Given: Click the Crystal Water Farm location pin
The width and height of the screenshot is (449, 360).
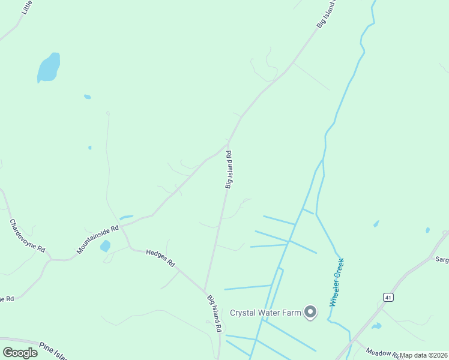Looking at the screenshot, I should (x=310, y=312).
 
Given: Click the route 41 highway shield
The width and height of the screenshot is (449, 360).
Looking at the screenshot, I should (x=389, y=297).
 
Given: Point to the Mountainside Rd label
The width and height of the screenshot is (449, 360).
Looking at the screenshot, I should (x=98, y=238).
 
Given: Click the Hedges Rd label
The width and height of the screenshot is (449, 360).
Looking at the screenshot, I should (x=160, y=258).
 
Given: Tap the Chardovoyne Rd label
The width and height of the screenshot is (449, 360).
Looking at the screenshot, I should (x=27, y=235).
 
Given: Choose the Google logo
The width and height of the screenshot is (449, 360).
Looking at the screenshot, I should (x=20, y=352).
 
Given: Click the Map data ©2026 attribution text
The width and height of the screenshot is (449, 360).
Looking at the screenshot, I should (x=424, y=355).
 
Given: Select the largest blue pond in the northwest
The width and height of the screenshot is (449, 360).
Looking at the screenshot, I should (x=49, y=67).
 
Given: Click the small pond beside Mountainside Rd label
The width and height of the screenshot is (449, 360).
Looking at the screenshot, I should (x=106, y=246).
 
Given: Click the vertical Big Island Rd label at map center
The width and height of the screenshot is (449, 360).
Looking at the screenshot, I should (x=229, y=170).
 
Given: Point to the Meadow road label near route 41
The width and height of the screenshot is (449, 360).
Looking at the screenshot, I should (x=382, y=353).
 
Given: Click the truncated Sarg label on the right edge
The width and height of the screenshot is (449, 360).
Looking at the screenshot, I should (x=442, y=260).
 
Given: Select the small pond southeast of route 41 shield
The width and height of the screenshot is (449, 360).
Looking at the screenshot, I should (x=376, y=326).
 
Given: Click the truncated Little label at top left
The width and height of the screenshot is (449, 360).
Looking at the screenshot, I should (x=27, y=7).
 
